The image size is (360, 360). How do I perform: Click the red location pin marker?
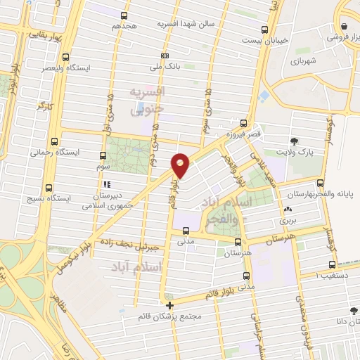(181, 165)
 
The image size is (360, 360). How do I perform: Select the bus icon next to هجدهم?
(124, 15)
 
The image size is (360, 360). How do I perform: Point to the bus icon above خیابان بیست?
(264, 30)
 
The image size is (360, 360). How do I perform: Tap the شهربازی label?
(305, 61)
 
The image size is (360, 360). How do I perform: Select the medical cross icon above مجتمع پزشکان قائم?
(169, 305)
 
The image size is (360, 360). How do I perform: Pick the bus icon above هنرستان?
(238, 243)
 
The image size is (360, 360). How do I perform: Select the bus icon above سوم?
(103, 156)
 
